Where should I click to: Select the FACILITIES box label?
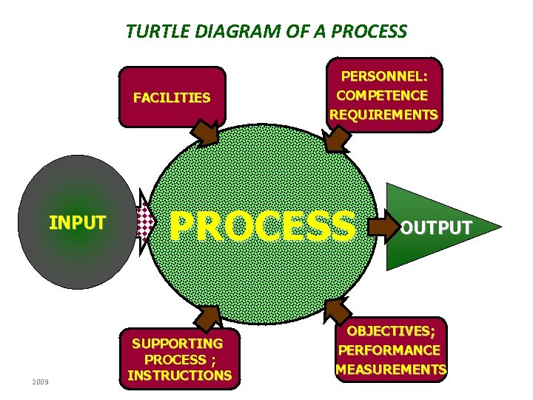tap(172, 97)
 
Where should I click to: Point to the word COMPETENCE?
tap(382, 96)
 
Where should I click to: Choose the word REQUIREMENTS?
tap(383, 115)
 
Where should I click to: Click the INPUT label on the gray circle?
tap(77, 222)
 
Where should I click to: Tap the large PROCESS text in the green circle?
tap(263, 225)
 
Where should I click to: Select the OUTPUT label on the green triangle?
tap(436, 227)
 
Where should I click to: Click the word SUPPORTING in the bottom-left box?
tap(177, 344)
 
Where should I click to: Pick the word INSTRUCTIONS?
tap(179, 375)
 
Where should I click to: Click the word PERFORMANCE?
tap(389, 350)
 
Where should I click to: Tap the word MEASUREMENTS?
tap(391, 369)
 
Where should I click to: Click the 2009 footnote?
tap(40, 381)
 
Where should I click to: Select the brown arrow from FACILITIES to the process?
tap(203, 134)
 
